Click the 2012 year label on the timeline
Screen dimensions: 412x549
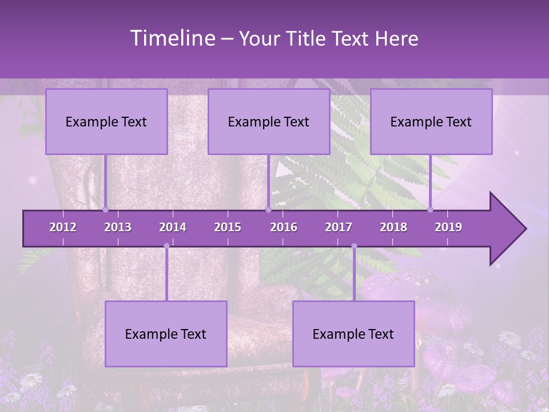(x=63, y=227)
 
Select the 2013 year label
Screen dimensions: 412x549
(x=118, y=227)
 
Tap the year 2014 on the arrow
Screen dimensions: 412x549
(x=173, y=227)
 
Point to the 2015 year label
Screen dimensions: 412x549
(x=228, y=227)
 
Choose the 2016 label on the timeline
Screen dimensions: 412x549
(x=284, y=227)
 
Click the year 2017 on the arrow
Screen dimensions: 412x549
(x=339, y=227)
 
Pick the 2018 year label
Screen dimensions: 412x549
(x=393, y=227)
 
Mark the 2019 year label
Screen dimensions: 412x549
(x=448, y=227)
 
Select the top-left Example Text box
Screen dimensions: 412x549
(x=106, y=122)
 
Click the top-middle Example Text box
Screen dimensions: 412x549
(x=269, y=122)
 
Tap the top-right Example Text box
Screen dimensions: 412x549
(x=431, y=122)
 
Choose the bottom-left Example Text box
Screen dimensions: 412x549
(x=166, y=334)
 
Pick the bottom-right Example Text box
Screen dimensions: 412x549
(x=353, y=334)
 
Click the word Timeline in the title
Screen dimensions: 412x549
(x=172, y=38)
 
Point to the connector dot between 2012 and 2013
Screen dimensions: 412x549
(x=106, y=210)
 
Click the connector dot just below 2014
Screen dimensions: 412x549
(x=166, y=246)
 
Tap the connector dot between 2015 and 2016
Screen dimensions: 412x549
(x=268, y=210)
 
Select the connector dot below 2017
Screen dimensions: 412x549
(x=354, y=246)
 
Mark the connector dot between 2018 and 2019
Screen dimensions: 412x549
(x=431, y=210)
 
